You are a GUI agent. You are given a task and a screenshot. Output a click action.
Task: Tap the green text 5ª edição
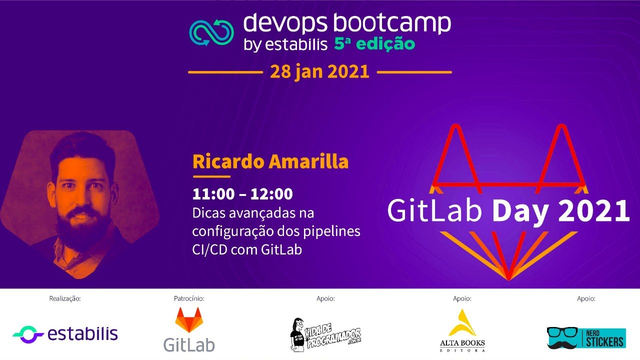point(374,44)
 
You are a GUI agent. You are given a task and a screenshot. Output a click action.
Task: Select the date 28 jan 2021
point(319,72)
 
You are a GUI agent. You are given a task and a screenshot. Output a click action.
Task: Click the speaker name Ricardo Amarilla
point(270,162)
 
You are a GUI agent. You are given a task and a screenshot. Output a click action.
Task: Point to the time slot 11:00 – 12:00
point(242,194)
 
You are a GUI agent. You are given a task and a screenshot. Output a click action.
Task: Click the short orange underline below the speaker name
point(211,176)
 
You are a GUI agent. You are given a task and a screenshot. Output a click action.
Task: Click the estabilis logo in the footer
point(65,333)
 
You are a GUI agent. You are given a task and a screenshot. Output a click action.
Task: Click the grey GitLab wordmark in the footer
point(189,344)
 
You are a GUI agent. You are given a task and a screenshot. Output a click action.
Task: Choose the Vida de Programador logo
point(325,333)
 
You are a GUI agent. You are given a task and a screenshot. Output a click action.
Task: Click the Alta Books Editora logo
point(462,330)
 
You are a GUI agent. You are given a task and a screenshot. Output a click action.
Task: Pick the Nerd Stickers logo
point(585,337)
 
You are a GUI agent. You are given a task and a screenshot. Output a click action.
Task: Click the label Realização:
point(65,299)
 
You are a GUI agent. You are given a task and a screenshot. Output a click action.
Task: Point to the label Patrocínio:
point(189,299)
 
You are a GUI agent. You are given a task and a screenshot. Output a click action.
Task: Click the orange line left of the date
point(225,72)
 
